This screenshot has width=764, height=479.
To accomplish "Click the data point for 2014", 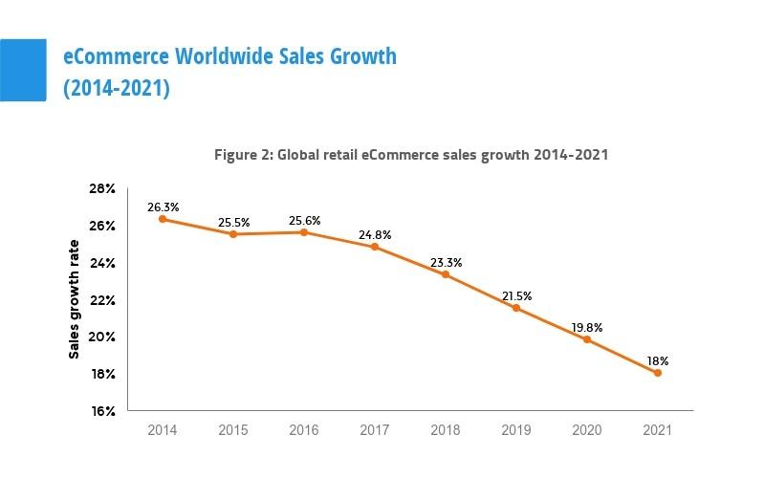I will pyautogui.click(x=163, y=219).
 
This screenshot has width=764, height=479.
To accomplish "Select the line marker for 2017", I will pyautogui.click(x=375, y=247).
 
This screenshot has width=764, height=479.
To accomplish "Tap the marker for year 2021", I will pyautogui.click(x=658, y=373).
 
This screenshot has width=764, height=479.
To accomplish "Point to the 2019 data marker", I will pyautogui.click(x=516, y=308).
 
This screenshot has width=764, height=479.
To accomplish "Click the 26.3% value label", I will pyautogui.click(x=163, y=206).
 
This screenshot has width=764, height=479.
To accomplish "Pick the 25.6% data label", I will pyautogui.click(x=304, y=220).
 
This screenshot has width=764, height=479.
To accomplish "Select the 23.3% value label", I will pyautogui.click(x=446, y=261).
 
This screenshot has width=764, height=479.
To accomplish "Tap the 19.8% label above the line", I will pyautogui.click(x=587, y=327).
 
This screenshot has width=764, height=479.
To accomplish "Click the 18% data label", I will pyautogui.click(x=657, y=360).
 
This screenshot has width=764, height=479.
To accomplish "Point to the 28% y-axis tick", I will pyautogui.click(x=102, y=189).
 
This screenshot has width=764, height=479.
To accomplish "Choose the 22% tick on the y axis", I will pyautogui.click(x=102, y=300).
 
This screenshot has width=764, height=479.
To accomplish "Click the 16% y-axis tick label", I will pyautogui.click(x=102, y=411).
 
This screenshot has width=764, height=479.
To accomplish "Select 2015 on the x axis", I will pyautogui.click(x=233, y=431).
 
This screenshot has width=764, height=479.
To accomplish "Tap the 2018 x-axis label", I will pyautogui.click(x=446, y=431).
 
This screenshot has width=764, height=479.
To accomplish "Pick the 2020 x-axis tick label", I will pyautogui.click(x=587, y=431).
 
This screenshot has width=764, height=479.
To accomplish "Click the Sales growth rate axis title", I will pyautogui.click(x=74, y=299).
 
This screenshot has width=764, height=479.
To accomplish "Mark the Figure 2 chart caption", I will pyautogui.click(x=410, y=153).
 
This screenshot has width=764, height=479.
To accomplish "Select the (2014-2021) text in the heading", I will pyautogui.click(x=117, y=88).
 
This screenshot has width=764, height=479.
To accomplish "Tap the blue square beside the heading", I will pyautogui.click(x=23, y=70).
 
